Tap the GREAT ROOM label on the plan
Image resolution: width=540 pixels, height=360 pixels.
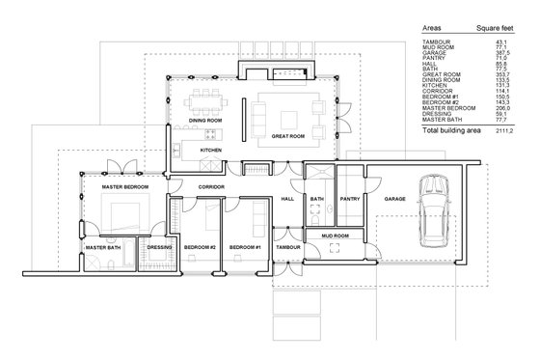click(x=288, y=137)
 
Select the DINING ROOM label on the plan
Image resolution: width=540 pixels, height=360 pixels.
click(x=205, y=120)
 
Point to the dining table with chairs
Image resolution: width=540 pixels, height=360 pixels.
click(x=205, y=98)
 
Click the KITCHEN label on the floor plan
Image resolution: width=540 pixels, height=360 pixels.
click(x=212, y=152)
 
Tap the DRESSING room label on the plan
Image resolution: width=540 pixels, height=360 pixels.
click(x=159, y=248)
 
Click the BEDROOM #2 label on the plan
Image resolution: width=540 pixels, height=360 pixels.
click(x=199, y=248)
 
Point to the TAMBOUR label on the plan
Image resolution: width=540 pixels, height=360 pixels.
click(x=288, y=248)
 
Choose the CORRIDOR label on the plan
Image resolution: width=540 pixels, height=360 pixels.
click(x=212, y=185)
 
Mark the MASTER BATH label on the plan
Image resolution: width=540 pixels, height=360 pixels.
click(x=102, y=248)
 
